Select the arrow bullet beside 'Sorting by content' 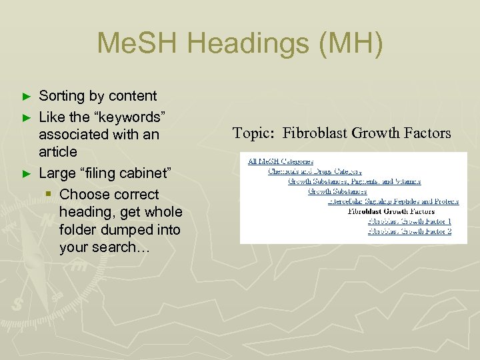tap(27, 97)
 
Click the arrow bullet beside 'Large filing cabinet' tap(27, 174)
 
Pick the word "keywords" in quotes tap(127, 117)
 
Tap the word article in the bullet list tap(58, 152)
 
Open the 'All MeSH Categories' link tap(281, 161)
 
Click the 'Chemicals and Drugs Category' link tap(315, 171)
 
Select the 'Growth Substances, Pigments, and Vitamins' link tap(354, 181)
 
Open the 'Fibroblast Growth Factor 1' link tap(409, 221)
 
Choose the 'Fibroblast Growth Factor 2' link tap(409, 231)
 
